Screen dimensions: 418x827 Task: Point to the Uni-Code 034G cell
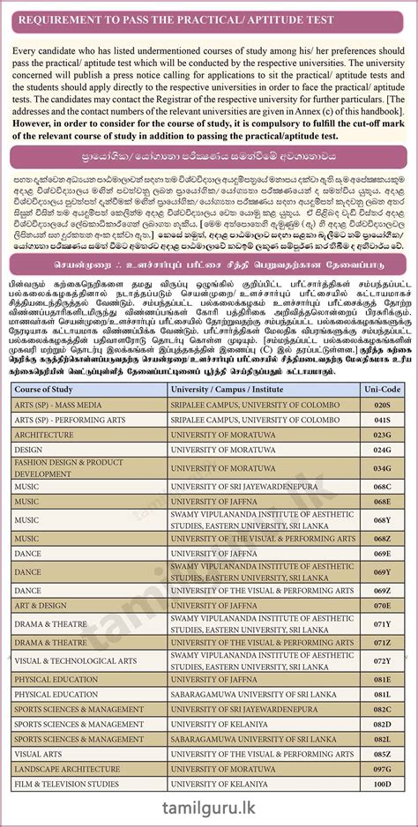[x=381, y=468]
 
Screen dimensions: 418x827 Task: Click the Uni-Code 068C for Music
[x=381, y=487]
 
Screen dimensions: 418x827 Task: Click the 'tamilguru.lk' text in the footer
[x=209, y=809]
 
